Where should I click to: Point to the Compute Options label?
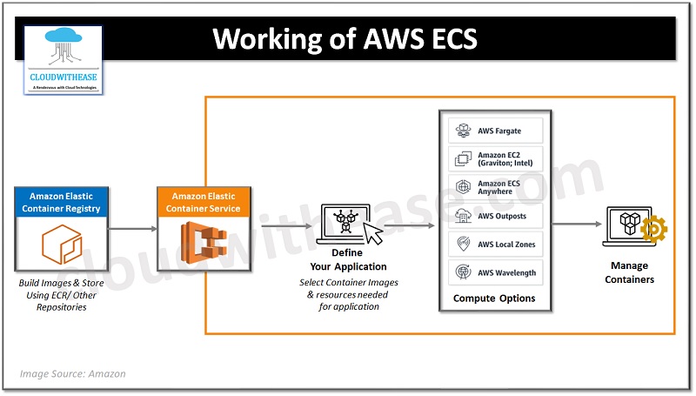[x=494, y=299]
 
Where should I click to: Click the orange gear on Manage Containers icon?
[x=653, y=230]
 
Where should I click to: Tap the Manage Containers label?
[x=631, y=272]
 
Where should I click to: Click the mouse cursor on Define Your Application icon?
[x=372, y=234]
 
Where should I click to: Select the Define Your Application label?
[x=348, y=259]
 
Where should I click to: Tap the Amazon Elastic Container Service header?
[x=203, y=202]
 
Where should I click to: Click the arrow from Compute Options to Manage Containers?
[x=576, y=224]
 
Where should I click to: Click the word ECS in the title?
[x=445, y=40]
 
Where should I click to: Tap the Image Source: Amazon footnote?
[x=73, y=373]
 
